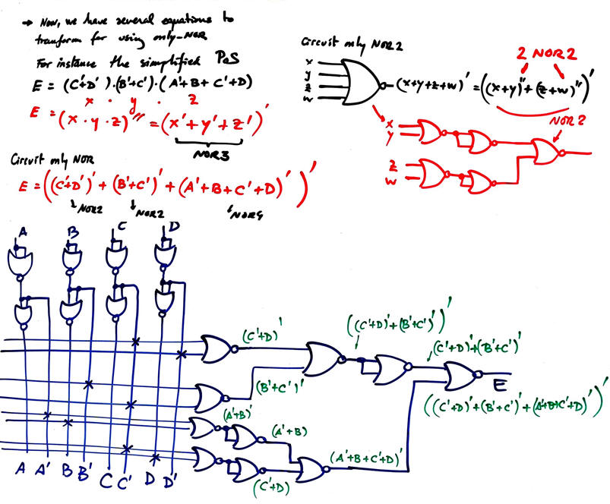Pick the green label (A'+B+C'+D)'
coord(369,457)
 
